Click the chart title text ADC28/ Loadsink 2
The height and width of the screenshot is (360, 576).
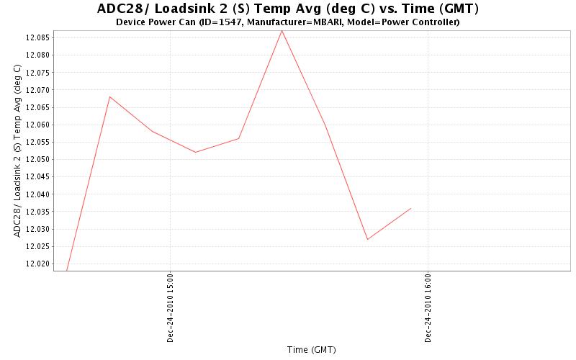[x=287, y=9]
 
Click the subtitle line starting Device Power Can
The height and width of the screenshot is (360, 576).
[x=287, y=22]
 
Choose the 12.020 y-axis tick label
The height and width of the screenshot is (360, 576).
[x=37, y=264]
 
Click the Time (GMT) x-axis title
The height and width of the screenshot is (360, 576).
[x=311, y=350]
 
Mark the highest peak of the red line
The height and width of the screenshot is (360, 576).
[x=282, y=30]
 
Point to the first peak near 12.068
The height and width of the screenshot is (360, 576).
[x=109, y=96]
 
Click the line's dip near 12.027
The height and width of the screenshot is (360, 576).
[x=367, y=239]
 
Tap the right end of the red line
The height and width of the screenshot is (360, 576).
[x=410, y=208]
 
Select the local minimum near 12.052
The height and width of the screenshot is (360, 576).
[x=196, y=152]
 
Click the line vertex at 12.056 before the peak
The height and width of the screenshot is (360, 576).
[x=238, y=138]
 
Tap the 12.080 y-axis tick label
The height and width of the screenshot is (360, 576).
[x=37, y=55]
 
